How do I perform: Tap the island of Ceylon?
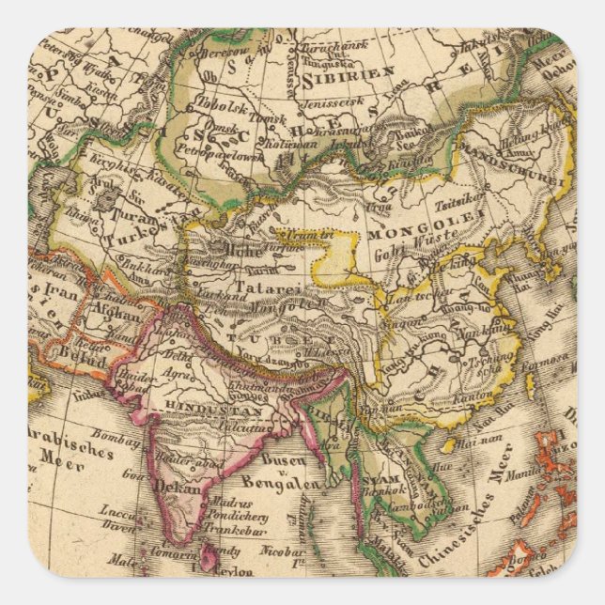point(209,558)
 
